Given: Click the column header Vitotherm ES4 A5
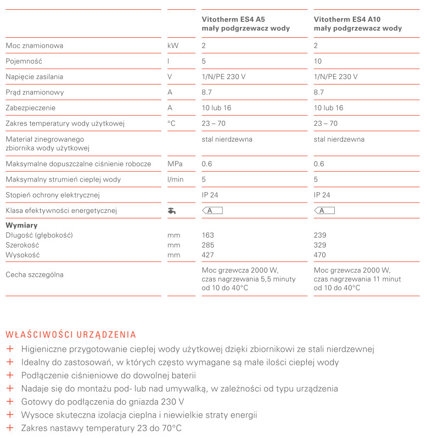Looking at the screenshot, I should click(x=233, y=19).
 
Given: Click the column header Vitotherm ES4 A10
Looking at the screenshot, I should click(x=347, y=19).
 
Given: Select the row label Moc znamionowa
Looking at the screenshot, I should click(x=34, y=46).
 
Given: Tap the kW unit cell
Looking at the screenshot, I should click(x=173, y=46).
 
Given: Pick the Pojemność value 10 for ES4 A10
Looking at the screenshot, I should click(x=318, y=61).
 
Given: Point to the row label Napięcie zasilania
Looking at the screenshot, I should click(x=34, y=77).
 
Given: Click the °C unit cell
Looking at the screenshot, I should click(x=172, y=123).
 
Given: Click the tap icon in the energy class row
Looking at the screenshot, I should click(x=172, y=210).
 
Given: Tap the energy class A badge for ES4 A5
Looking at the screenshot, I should click(x=212, y=210).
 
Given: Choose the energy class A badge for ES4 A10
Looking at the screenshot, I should click(x=324, y=210).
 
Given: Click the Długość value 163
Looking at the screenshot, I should click(x=208, y=235).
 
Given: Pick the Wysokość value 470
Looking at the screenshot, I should click(x=319, y=255).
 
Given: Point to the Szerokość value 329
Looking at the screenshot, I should click(x=319, y=245).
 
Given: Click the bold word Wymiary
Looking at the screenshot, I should click(x=21, y=226).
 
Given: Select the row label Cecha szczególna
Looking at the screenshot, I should click(x=34, y=274).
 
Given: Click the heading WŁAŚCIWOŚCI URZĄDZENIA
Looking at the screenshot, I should click(x=70, y=334).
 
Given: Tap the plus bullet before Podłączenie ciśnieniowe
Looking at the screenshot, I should click(x=9, y=375).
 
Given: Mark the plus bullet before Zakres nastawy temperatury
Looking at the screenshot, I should click(x=9, y=428).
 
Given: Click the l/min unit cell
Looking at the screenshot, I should click(x=175, y=179).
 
